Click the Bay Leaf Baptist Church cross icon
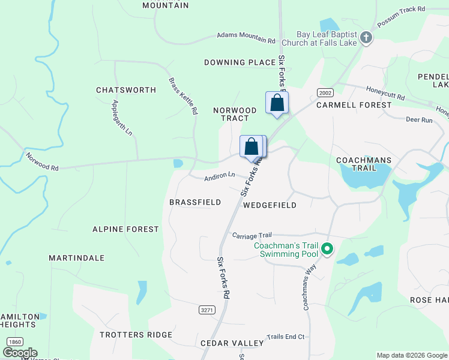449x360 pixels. pyautogui.click(x=366, y=40)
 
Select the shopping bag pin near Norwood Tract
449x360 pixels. pyautogui.click(x=277, y=103)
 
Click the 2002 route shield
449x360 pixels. pyautogui.click(x=325, y=92)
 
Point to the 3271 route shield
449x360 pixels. pyautogui.click(x=206, y=310)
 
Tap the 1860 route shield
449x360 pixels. pyautogui.click(x=15, y=341)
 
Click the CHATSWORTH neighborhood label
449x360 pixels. pyautogui.click(x=126, y=90)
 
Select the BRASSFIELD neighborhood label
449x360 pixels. pyautogui.click(x=195, y=202)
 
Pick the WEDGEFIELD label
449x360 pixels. pyautogui.click(x=270, y=205)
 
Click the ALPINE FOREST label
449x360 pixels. pyautogui.click(x=125, y=229)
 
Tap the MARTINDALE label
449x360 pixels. pyautogui.click(x=77, y=258)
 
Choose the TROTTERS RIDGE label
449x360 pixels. pyautogui.click(x=136, y=335)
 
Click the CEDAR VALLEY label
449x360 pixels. pyautogui.click(x=232, y=343)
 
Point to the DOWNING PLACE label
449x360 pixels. pyautogui.click(x=240, y=62)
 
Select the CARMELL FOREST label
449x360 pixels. pyautogui.click(x=354, y=105)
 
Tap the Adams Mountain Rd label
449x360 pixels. pyautogui.click(x=246, y=38)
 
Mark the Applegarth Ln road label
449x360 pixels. pyautogui.click(x=121, y=118)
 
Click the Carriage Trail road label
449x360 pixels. pyautogui.click(x=252, y=235)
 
